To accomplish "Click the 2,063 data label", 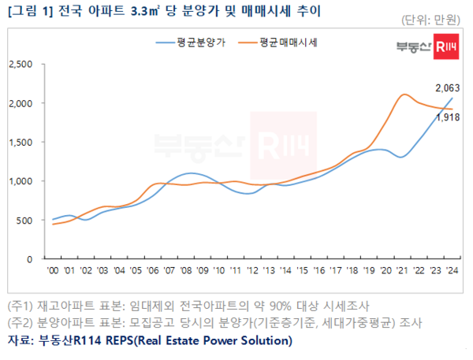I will coord(447,88).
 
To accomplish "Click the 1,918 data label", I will coord(447,118).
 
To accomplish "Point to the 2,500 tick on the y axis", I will coord(20,64).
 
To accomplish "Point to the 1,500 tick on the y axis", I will coord(20,142).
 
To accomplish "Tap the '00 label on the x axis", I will coord(54,269).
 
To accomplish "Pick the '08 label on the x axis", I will coord(186,269).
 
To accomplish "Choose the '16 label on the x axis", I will coord(318,269).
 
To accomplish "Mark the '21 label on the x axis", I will coord(401,269).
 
